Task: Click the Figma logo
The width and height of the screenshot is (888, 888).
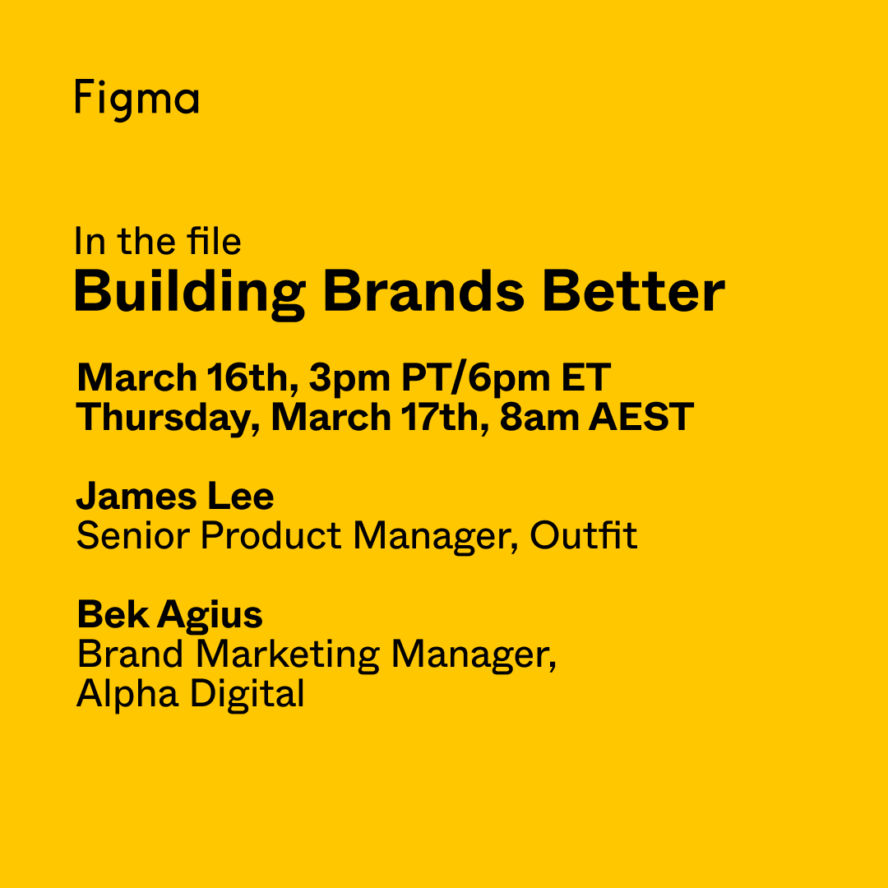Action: [136, 99]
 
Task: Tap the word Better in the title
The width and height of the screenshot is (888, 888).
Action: [633, 291]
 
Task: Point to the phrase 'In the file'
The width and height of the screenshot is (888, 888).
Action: [157, 242]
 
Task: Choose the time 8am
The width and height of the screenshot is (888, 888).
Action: [539, 417]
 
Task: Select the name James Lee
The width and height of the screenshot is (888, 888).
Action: [175, 497]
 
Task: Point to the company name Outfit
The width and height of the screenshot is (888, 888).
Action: [583, 536]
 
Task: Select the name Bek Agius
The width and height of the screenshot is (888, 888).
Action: [169, 615]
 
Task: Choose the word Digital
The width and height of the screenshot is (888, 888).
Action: [247, 694]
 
